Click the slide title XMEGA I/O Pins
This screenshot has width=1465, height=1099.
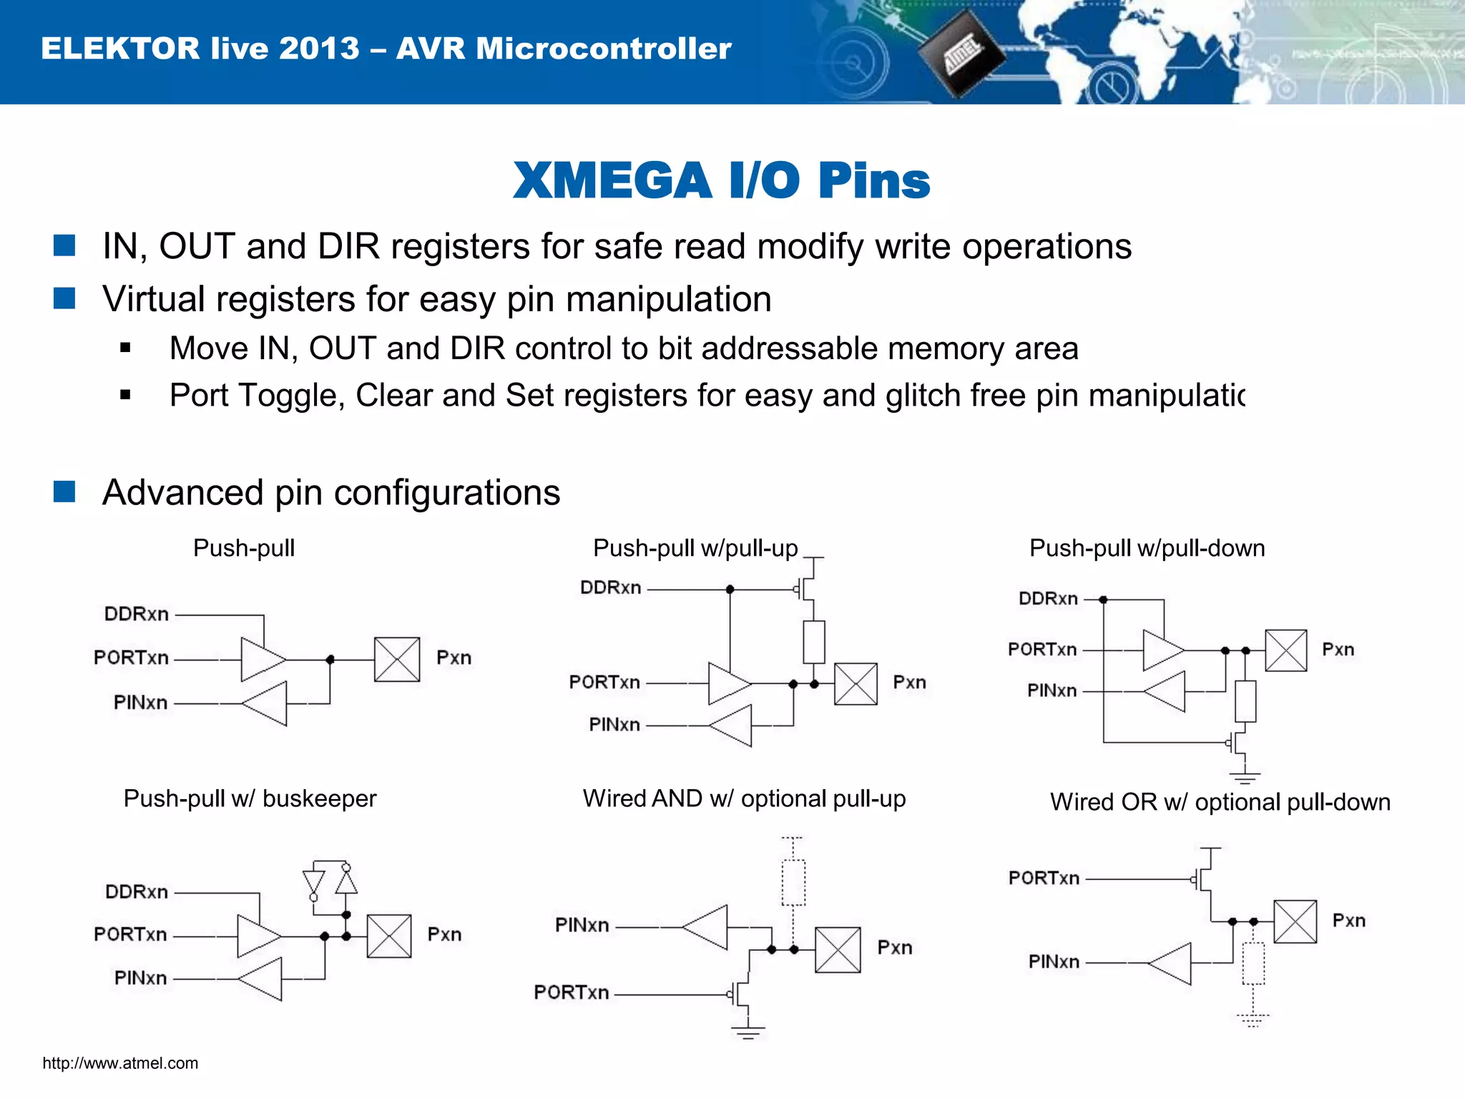721,180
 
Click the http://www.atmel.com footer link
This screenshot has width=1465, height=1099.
120,1063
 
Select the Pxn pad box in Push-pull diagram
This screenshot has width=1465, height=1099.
396,660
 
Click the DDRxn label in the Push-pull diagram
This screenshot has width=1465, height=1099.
137,614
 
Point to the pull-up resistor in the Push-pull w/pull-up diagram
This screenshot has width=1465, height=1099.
814,642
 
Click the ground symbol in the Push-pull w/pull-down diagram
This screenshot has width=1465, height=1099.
1245,777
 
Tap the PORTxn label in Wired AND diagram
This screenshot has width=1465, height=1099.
572,992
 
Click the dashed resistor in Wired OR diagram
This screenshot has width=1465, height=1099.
1253,964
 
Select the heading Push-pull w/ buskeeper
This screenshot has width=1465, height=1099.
250,798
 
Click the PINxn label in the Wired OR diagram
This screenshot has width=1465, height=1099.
1054,962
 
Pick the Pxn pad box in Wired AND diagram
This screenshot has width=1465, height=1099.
838,950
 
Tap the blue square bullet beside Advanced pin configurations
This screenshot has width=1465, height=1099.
64,492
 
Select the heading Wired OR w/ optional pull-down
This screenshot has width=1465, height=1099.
1220,802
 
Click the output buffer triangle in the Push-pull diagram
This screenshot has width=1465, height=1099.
262,659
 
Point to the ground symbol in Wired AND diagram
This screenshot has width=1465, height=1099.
748,1032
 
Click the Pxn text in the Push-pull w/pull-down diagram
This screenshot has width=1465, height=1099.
1338,650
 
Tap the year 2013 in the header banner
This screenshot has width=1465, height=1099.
319,49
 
